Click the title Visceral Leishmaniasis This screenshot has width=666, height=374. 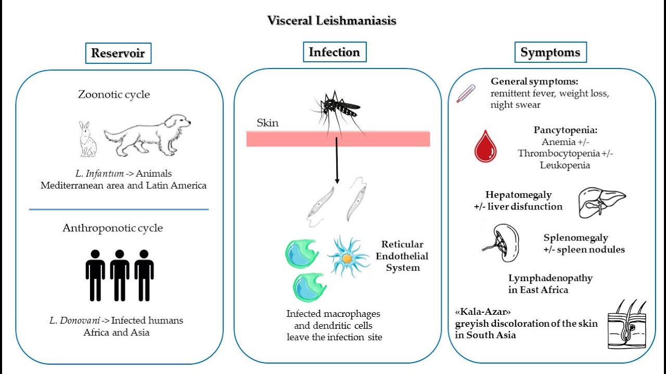pos(332,21)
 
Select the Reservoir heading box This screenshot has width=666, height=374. pos(118,53)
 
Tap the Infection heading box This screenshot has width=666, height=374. pos(334,52)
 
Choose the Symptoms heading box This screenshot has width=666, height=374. pos(550,52)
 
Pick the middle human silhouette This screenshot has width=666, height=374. pos(120,275)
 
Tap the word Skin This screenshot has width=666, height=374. pos(267,123)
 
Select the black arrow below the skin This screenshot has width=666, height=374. pos(337,161)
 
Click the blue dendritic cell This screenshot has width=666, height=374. pos(348,256)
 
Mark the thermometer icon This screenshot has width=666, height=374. pos(465,93)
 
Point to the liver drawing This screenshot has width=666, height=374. pos(602,202)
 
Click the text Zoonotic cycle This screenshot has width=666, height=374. pos(114,95)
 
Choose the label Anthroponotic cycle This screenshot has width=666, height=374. pos(112,228)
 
